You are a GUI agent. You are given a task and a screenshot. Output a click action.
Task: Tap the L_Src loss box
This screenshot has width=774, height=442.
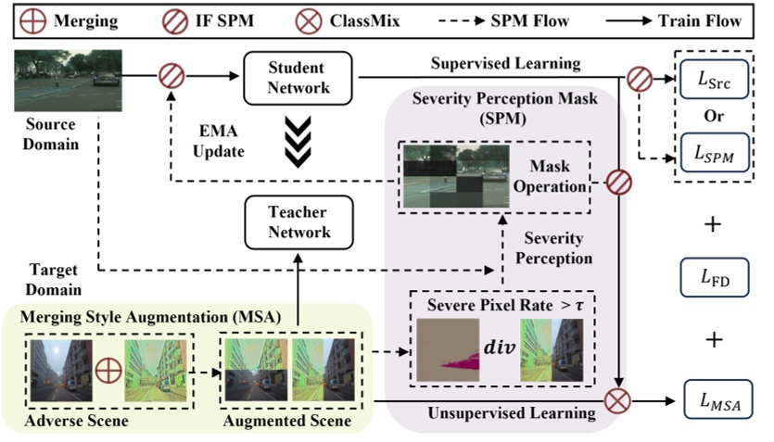715,80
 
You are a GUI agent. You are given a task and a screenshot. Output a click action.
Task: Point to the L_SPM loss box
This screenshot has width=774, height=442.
715,152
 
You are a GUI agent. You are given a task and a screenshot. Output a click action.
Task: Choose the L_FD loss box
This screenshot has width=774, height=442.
715,274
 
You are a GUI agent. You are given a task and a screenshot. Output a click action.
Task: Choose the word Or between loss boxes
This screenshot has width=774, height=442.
715,117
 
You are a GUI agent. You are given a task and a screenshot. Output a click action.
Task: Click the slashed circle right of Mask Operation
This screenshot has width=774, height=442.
618,183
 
